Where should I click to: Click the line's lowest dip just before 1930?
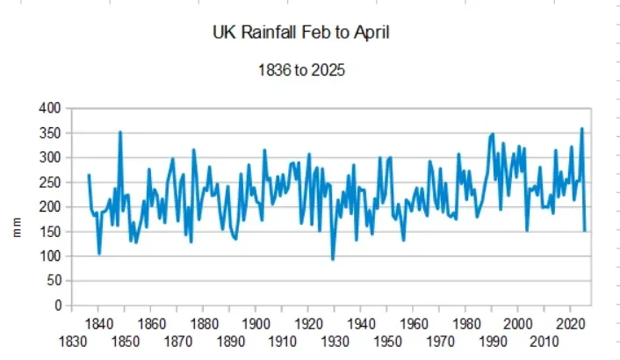tap(333, 259)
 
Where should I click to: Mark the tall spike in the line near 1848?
tap(120, 132)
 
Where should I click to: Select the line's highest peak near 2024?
tap(581, 129)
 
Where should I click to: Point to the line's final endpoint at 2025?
tap(585, 231)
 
